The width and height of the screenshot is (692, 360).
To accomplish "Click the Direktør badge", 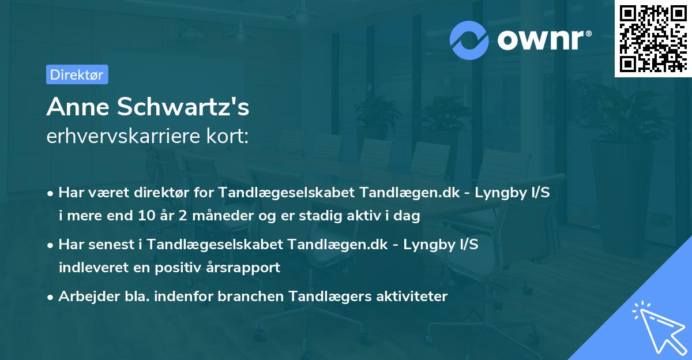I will click(x=77, y=74).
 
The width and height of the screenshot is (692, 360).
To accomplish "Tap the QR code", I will click(x=653, y=39).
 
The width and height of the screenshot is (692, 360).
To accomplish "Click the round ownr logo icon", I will click(x=469, y=40).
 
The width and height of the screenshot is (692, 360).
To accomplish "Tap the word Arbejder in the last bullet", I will click(x=84, y=297).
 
